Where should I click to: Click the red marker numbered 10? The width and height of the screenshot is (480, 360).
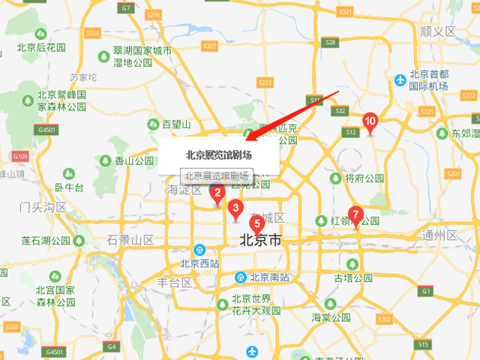tap(370, 121)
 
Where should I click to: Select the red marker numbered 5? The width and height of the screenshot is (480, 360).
tap(256, 223)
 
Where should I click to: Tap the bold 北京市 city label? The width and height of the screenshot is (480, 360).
tap(260, 241)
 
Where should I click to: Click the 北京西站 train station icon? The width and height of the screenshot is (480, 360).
tap(199, 250)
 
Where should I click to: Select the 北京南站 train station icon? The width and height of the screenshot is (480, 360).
tap(240, 277)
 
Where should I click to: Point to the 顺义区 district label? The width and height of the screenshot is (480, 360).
tap(438, 31)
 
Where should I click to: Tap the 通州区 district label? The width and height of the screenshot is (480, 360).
tap(439, 235)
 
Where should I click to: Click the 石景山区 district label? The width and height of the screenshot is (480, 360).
tap(130, 240)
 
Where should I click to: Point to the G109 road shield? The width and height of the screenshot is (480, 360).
tap(19, 156)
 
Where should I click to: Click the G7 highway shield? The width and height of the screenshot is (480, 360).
tap(126, 8)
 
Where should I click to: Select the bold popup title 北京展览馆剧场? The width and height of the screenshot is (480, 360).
tap(219, 155)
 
